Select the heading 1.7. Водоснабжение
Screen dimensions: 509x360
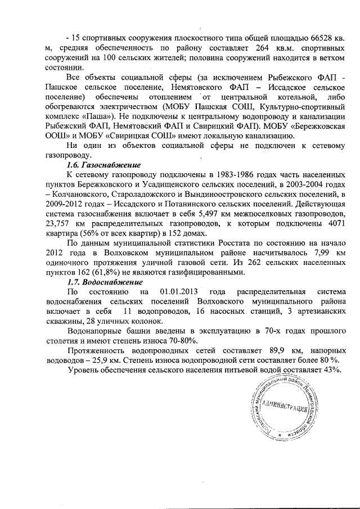105,282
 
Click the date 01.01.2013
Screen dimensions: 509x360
179,292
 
